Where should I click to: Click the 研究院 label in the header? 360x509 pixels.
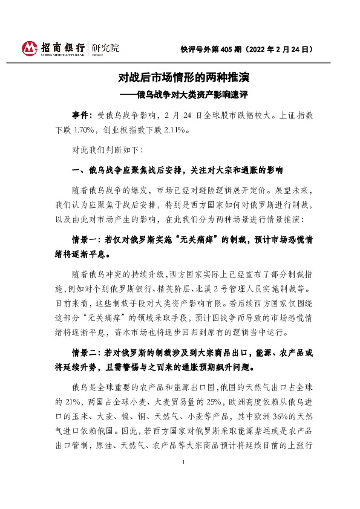[x=106, y=47]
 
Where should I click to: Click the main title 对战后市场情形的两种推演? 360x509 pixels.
[x=184, y=78]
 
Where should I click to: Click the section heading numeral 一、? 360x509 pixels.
[x=78, y=169]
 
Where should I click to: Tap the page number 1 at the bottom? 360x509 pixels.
[x=183, y=495]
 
